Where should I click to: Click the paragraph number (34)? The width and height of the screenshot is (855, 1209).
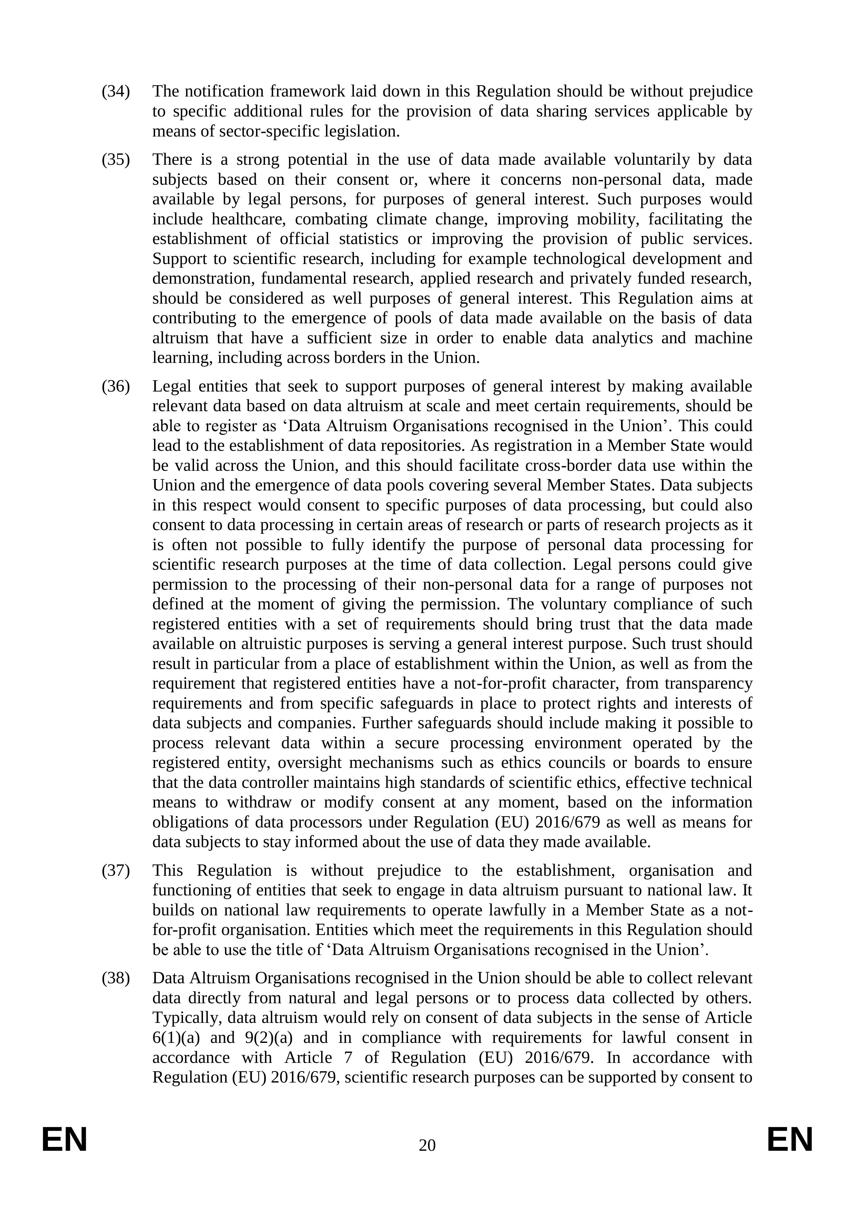115,92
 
